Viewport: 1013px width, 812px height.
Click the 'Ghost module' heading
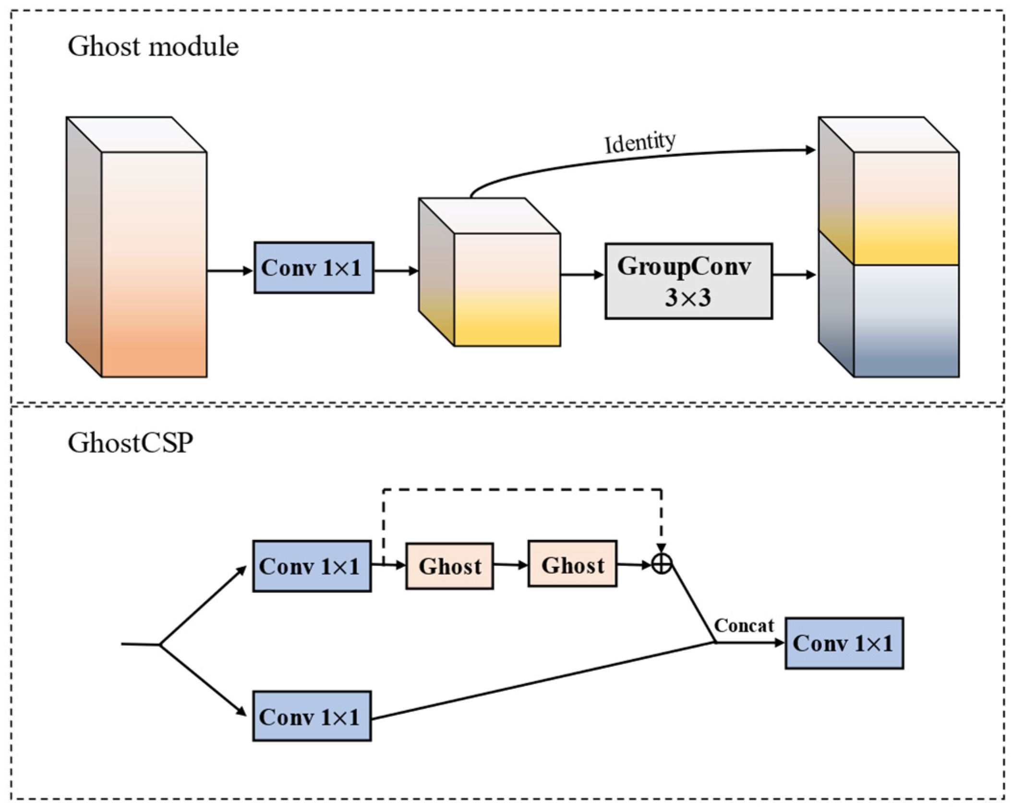click(153, 47)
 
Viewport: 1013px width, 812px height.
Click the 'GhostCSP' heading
click(130, 442)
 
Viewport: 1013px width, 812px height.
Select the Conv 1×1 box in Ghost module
click(314, 267)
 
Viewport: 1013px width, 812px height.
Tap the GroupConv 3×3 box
click(688, 281)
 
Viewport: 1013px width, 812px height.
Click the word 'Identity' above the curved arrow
click(639, 142)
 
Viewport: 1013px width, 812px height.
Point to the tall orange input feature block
click(154, 264)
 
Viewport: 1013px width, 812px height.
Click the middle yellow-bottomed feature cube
click(506, 288)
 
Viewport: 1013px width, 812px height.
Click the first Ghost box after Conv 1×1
click(449, 566)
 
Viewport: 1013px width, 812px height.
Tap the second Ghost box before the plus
click(572, 565)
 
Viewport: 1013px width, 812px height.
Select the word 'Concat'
click(744, 626)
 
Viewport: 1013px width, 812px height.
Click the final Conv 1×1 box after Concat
click(844, 643)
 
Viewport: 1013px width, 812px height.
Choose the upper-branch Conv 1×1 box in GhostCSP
click(312, 566)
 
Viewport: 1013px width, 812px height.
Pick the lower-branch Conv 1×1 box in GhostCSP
click(312, 716)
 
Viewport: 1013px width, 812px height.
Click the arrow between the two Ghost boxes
click(511, 565)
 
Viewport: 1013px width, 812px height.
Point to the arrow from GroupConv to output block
click(794, 275)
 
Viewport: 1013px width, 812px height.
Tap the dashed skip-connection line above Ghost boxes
click(522, 490)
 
